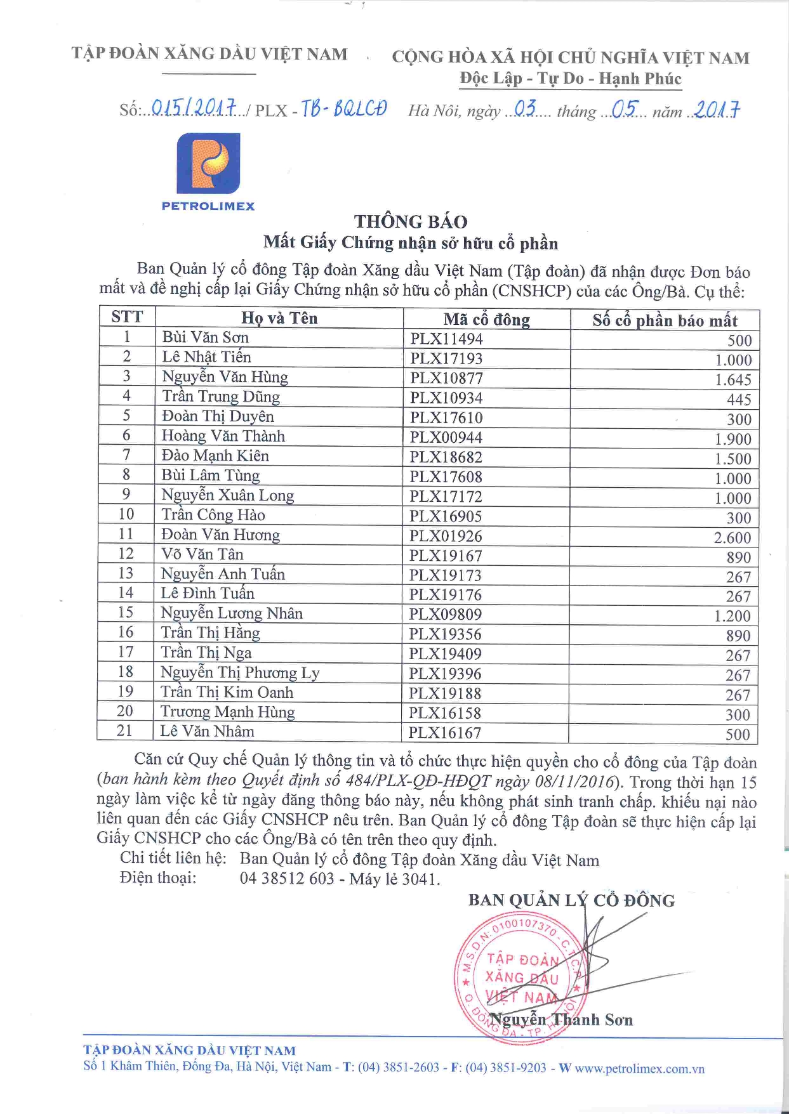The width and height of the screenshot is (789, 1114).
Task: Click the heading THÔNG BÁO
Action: click(411, 221)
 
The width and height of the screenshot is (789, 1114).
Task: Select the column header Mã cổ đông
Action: click(486, 320)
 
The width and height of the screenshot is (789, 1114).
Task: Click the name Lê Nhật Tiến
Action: click(206, 357)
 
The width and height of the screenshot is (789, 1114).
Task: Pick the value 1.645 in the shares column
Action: click(733, 380)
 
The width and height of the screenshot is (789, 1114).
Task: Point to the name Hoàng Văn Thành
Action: click(223, 436)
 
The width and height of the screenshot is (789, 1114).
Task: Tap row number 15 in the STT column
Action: click(126, 612)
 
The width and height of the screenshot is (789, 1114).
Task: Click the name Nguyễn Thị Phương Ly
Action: click(240, 672)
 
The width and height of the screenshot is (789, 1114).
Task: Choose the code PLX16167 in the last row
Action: click(444, 733)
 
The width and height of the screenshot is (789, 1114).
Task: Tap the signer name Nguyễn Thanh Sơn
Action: click(562, 1019)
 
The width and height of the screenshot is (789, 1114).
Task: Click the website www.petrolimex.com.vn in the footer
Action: click(639, 1068)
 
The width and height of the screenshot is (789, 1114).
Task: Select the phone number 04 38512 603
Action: click(287, 879)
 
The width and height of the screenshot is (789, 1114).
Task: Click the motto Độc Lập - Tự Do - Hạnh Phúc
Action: click(571, 79)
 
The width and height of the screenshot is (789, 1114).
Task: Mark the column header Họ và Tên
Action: click(279, 318)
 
